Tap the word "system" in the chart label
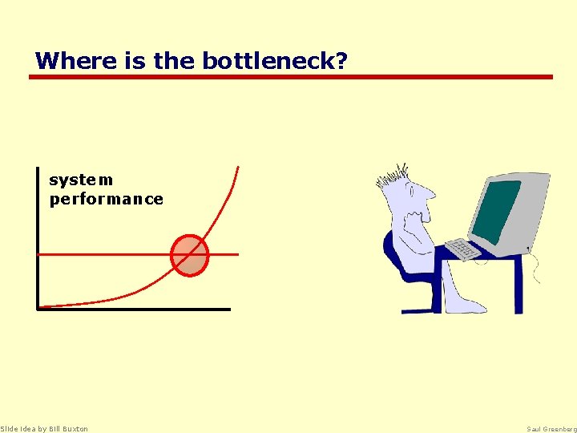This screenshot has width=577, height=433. [x=81, y=180]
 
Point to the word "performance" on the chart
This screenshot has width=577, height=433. [x=106, y=200]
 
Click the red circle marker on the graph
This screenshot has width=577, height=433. [x=190, y=255]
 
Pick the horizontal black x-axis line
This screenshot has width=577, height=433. [x=133, y=308]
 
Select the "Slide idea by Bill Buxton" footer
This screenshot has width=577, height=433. [x=44, y=428]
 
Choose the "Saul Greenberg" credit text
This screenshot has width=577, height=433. [x=551, y=428]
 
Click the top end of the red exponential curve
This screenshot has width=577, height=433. [x=237, y=168]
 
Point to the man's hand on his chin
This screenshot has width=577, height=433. [x=414, y=217]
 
